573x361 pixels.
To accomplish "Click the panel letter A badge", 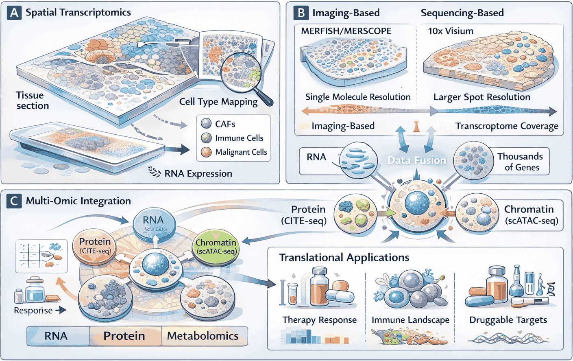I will (x=14, y=13).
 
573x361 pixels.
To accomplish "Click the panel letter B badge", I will (x=301, y=13).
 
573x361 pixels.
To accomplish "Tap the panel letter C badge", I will (x=14, y=201).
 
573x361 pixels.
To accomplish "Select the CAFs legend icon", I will (x=207, y=124).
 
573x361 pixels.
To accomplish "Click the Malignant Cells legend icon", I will (x=207, y=152).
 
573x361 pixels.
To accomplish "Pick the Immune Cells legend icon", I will (x=207, y=138).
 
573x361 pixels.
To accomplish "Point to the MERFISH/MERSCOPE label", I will (x=346, y=31).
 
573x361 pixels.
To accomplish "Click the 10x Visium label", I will (x=451, y=31).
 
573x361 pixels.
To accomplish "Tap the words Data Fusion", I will (x=416, y=160).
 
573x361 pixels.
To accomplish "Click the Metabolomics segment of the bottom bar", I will (x=203, y=336).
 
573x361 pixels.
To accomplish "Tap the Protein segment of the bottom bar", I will (x=124, y=336).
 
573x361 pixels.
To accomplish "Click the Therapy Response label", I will (x=319, y=320).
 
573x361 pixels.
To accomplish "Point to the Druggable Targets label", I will (x=508, y=320).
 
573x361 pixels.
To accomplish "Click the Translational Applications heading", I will (x=344, y=258).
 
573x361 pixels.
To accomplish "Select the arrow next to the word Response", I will (x=61, y=311).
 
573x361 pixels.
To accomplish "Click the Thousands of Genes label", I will (x=520, y=162).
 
